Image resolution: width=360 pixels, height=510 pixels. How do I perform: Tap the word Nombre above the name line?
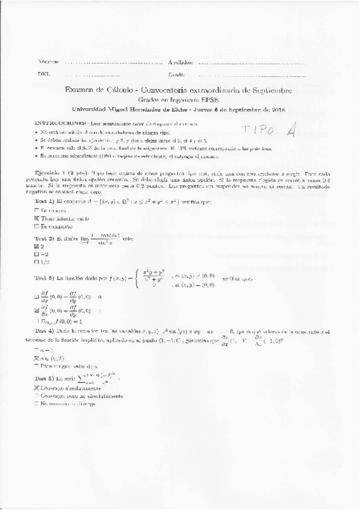tap(48, 62)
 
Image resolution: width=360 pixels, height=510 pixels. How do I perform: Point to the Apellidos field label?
tap(180, 62)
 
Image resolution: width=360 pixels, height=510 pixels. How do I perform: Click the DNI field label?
tap(44, 75)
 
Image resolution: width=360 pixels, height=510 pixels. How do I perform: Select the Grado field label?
tap(176, 75)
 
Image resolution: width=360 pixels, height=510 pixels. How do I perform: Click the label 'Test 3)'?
tap(44, 280)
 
